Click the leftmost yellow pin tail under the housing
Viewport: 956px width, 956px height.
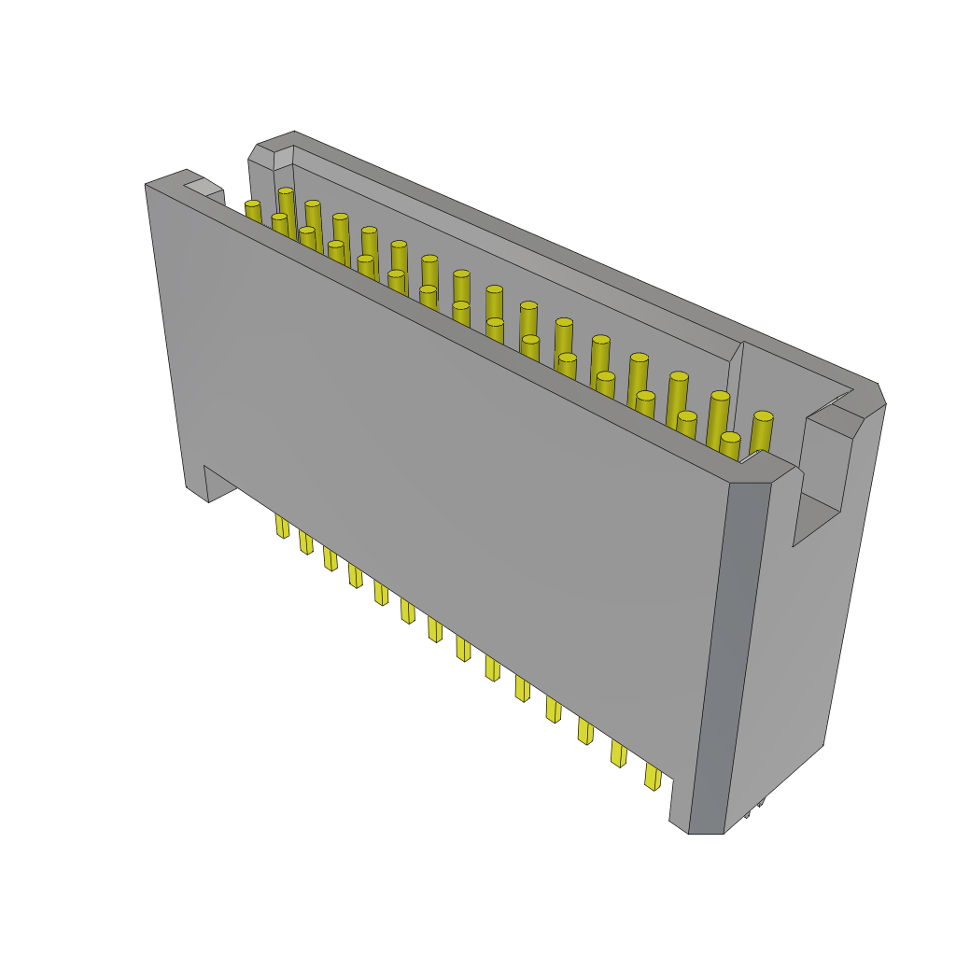282,527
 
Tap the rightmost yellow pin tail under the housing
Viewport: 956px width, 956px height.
652,777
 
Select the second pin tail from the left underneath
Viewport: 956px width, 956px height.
305,542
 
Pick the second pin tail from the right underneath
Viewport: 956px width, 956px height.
618,753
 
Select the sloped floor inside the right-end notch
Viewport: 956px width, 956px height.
815,518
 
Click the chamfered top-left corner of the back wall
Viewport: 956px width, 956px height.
266,149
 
